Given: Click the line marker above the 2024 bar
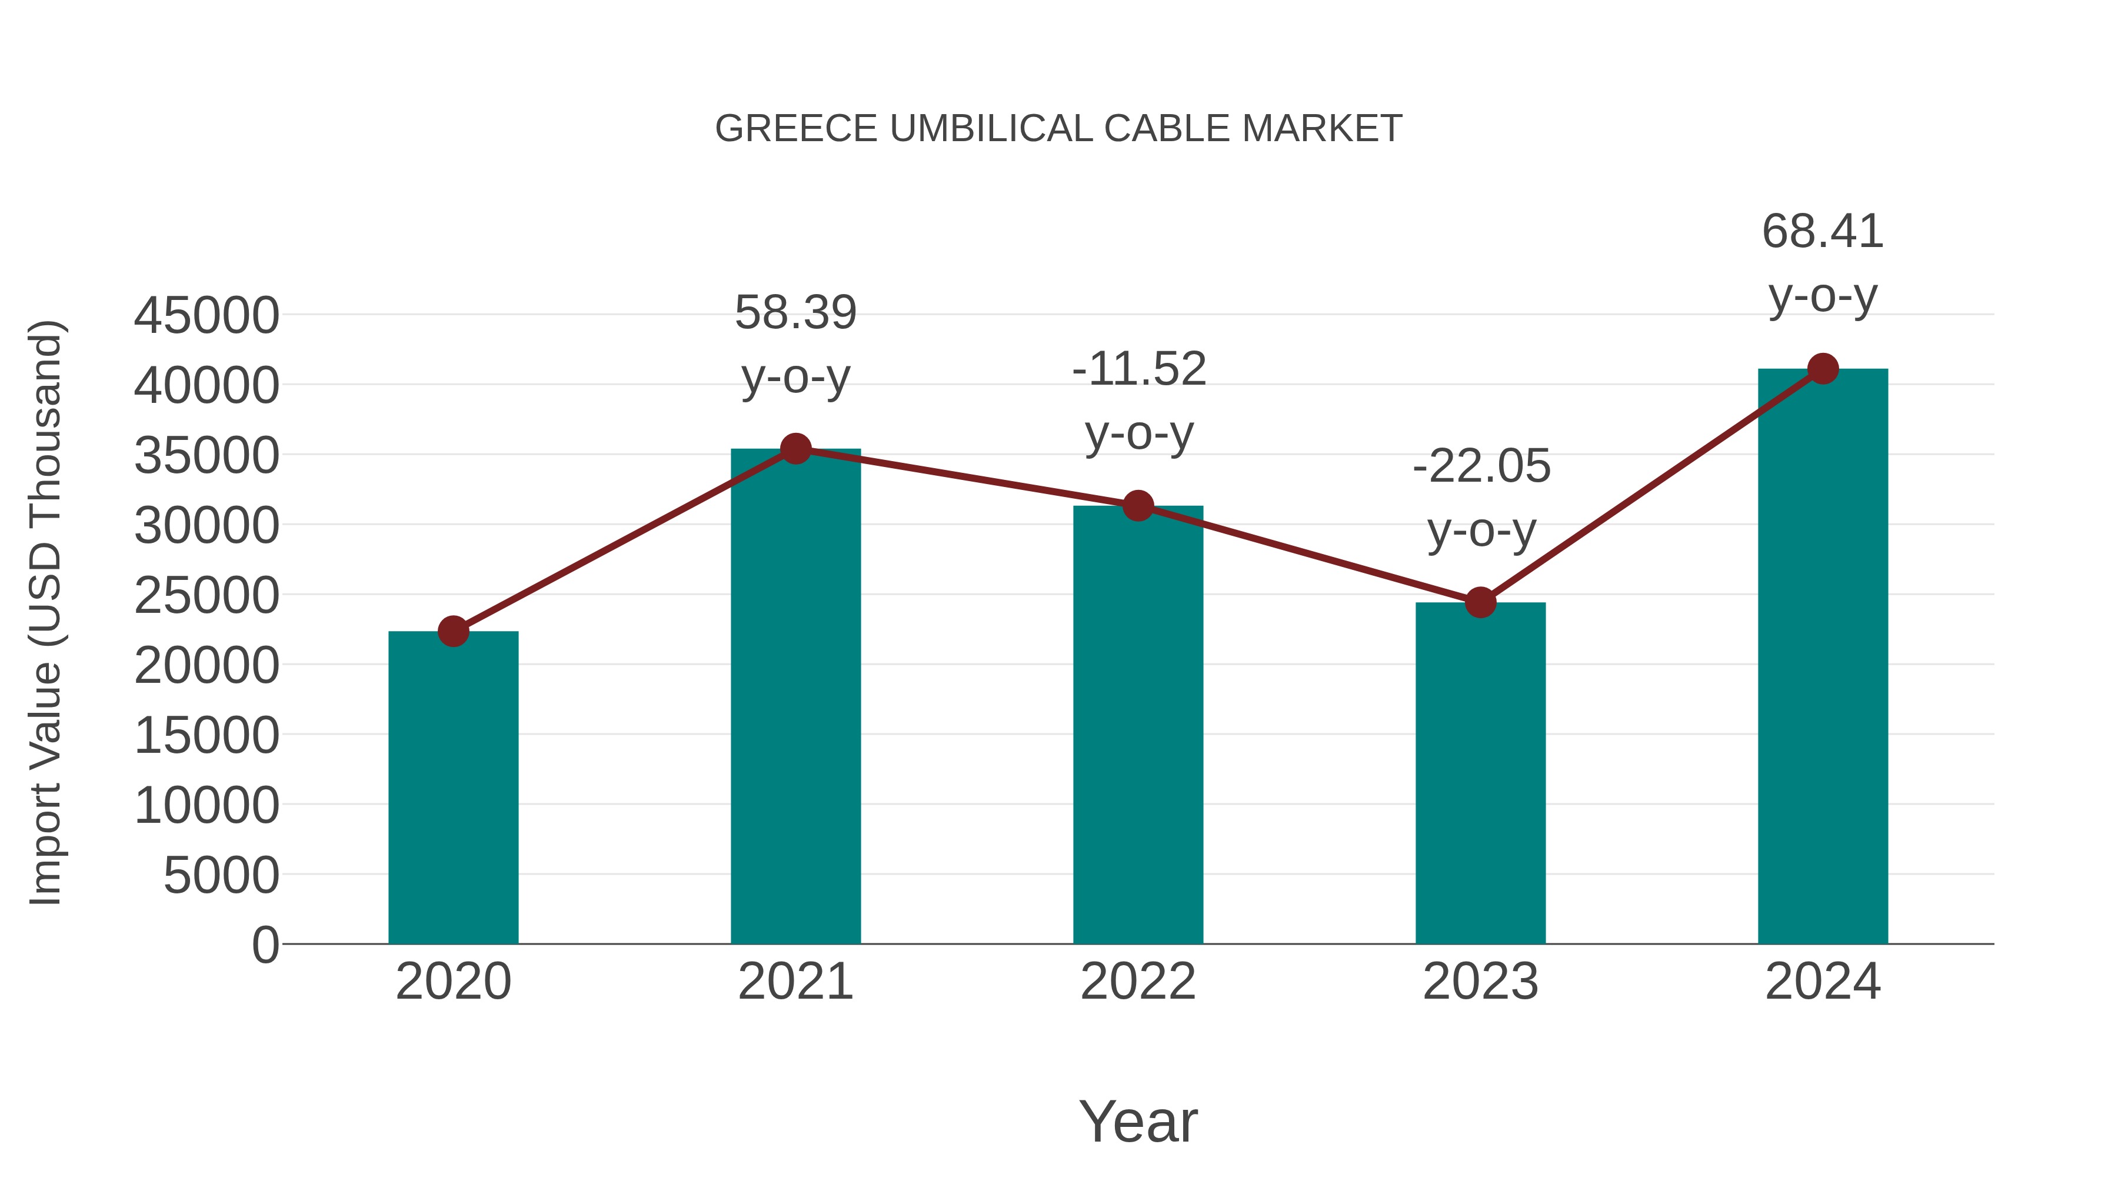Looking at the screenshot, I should click(x=1823, y=369).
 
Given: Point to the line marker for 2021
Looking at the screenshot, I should click(x=795, y=449).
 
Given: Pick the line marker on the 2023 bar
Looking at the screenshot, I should click(x=1480, y=602).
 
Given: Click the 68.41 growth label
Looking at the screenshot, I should click(x=1822, y=231).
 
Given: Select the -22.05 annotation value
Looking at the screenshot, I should click(x=1481, y=466).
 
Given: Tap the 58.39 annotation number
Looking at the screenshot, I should click(x=795, y=313).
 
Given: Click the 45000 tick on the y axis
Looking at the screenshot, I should click(x=207, y=316).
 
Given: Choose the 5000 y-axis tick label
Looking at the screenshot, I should click(x=221, y=875).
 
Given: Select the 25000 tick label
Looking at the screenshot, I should click(x=207, y=596).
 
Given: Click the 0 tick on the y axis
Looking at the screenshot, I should click(x=265, y=945).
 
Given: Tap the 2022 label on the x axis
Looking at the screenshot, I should click(x=1138, y=982).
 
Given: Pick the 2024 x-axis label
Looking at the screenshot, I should click(x=1822, y=982).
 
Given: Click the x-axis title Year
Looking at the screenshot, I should click(x=1138, y=1121).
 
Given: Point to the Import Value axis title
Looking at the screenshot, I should click(x=45, y=612).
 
